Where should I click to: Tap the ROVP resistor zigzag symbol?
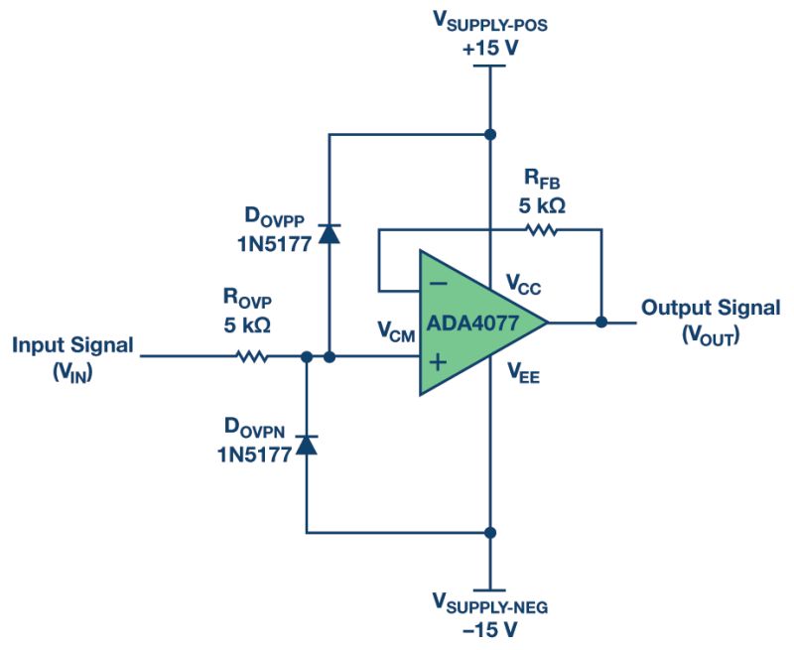click(x=253, y=355)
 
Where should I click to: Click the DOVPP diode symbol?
click(x=330, y=234)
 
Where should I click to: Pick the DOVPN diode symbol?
click(x=308, y=445)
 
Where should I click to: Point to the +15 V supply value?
click(x=488, y=44)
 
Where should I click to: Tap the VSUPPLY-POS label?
click(x=488, y=21)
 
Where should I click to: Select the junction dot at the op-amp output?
click(x=601, y=322)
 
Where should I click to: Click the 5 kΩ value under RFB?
click(x=544, y=205)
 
